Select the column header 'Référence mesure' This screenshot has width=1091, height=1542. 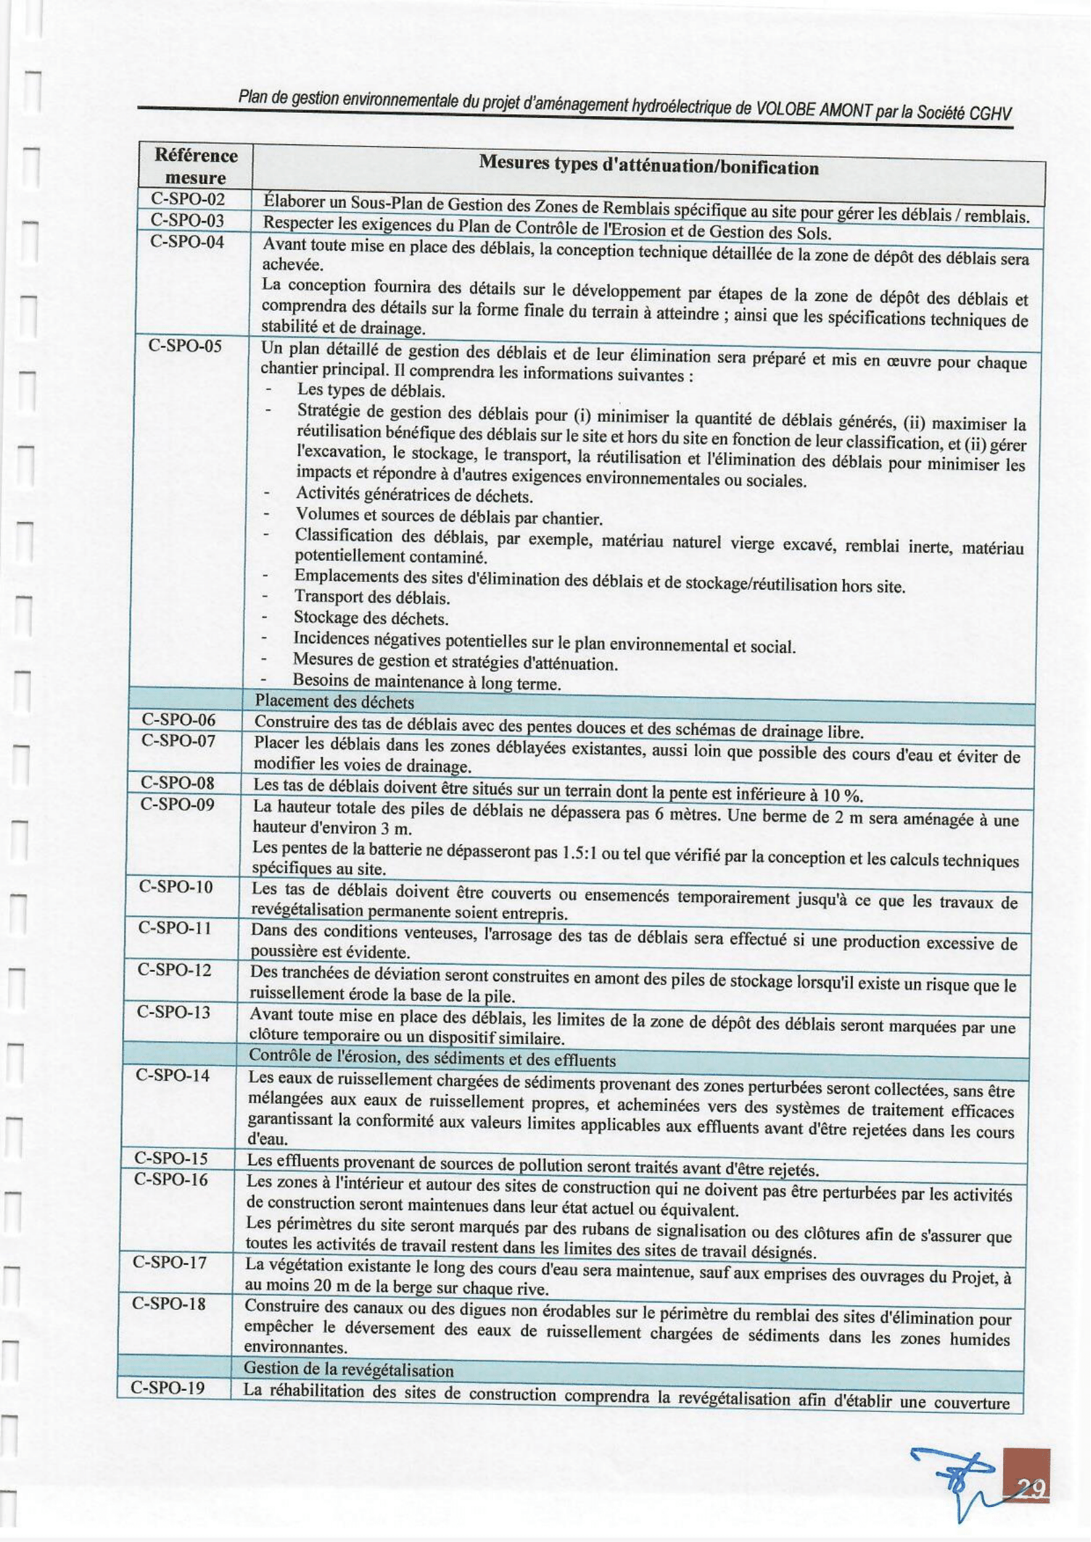[x=195, y=166]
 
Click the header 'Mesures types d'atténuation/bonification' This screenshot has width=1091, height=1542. [x=648, y=166]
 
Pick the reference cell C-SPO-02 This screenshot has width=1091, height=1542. [x=187, y=199]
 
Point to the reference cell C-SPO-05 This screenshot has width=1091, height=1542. [x=185, y=348]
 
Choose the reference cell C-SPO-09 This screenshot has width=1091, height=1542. [x=178, y=804]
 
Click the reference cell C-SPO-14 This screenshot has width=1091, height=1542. [x=173, y=1076]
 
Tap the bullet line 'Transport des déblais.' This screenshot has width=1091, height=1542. [x=372, y=597]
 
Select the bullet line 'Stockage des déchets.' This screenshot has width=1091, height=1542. [x=371, y=618]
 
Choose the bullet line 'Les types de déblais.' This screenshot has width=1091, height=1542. [x=371, y=390]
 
